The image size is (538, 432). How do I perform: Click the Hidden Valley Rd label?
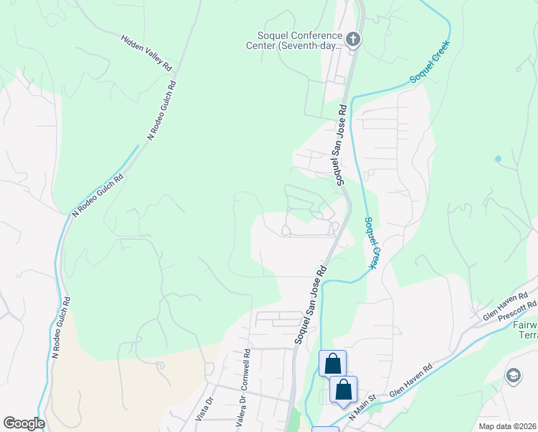tap(147, 53)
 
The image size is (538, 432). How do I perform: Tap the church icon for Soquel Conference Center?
tap(352, 39)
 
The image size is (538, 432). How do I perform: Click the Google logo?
tap(24, 423)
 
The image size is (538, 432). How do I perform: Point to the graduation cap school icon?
tap(514, 375)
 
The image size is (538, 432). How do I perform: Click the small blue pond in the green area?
tap(498, 158)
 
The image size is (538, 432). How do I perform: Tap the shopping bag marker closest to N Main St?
tap(344, 390)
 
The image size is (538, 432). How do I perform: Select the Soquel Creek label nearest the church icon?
tap(430, 68)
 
